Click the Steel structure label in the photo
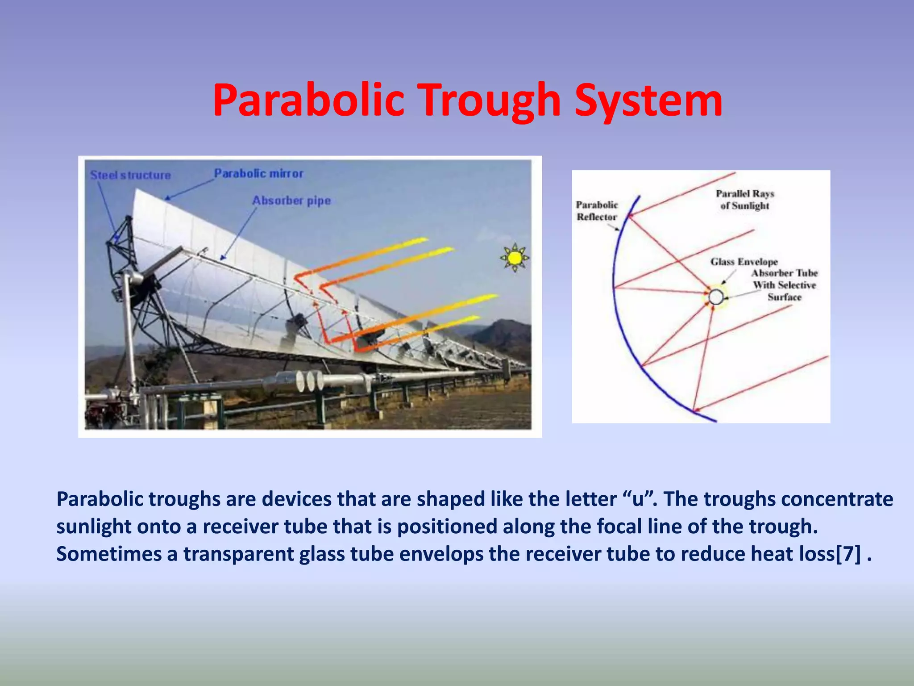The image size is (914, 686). pos(130,175)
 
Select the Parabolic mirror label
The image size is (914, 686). pos(258,173)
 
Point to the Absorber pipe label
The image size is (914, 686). pos(291,201)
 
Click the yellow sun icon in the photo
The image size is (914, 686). pos(515,258)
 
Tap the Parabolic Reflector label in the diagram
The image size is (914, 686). pos(597,211)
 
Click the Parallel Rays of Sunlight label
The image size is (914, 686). pos(745,200)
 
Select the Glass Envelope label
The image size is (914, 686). pos(744,262)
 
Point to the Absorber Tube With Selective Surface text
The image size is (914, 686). pos(784,285)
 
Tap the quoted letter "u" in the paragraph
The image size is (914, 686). pos(639,499)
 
